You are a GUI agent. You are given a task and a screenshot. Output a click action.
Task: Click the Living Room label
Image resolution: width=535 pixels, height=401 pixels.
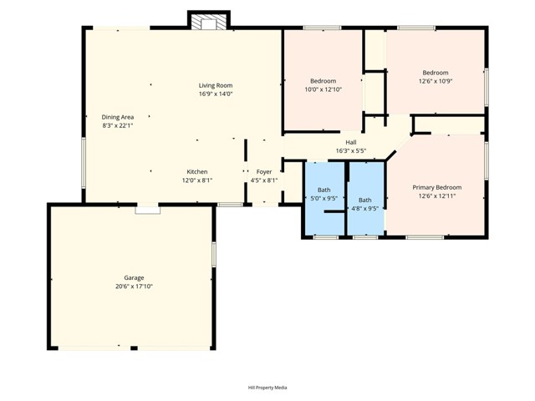215,85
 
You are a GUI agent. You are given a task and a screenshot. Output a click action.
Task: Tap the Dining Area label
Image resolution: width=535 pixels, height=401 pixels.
118,117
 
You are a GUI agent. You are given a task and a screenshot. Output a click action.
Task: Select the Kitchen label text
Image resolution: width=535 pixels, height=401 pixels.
197,171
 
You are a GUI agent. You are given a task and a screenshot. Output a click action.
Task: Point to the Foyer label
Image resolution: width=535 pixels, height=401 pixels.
264,171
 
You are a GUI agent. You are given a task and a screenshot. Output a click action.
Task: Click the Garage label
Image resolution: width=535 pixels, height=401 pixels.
134,277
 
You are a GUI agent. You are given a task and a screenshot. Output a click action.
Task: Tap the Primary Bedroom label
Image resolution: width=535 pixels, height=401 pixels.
437,187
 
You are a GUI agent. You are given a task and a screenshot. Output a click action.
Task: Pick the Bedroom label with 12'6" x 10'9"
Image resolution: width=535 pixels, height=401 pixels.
435,73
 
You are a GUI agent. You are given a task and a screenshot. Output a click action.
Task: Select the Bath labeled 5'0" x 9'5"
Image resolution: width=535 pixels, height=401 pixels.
324,190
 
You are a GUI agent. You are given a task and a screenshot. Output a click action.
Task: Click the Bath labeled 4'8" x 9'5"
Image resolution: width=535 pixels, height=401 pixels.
365,200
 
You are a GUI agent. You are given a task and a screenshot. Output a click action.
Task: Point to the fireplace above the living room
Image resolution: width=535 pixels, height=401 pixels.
208,22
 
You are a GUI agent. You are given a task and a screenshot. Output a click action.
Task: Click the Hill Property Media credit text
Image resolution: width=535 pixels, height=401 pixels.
267,388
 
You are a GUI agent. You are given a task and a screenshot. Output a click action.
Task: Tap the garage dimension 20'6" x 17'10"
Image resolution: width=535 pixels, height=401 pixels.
134,287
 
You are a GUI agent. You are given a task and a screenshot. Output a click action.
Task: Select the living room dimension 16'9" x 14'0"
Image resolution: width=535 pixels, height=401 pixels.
215,94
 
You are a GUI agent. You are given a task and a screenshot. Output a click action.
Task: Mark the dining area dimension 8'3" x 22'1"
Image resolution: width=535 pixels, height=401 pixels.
118,126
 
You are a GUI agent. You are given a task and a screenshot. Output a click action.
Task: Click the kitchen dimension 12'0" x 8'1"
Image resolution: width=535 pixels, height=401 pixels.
197,180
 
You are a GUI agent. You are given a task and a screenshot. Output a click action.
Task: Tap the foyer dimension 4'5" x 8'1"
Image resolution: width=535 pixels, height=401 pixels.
264,180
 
